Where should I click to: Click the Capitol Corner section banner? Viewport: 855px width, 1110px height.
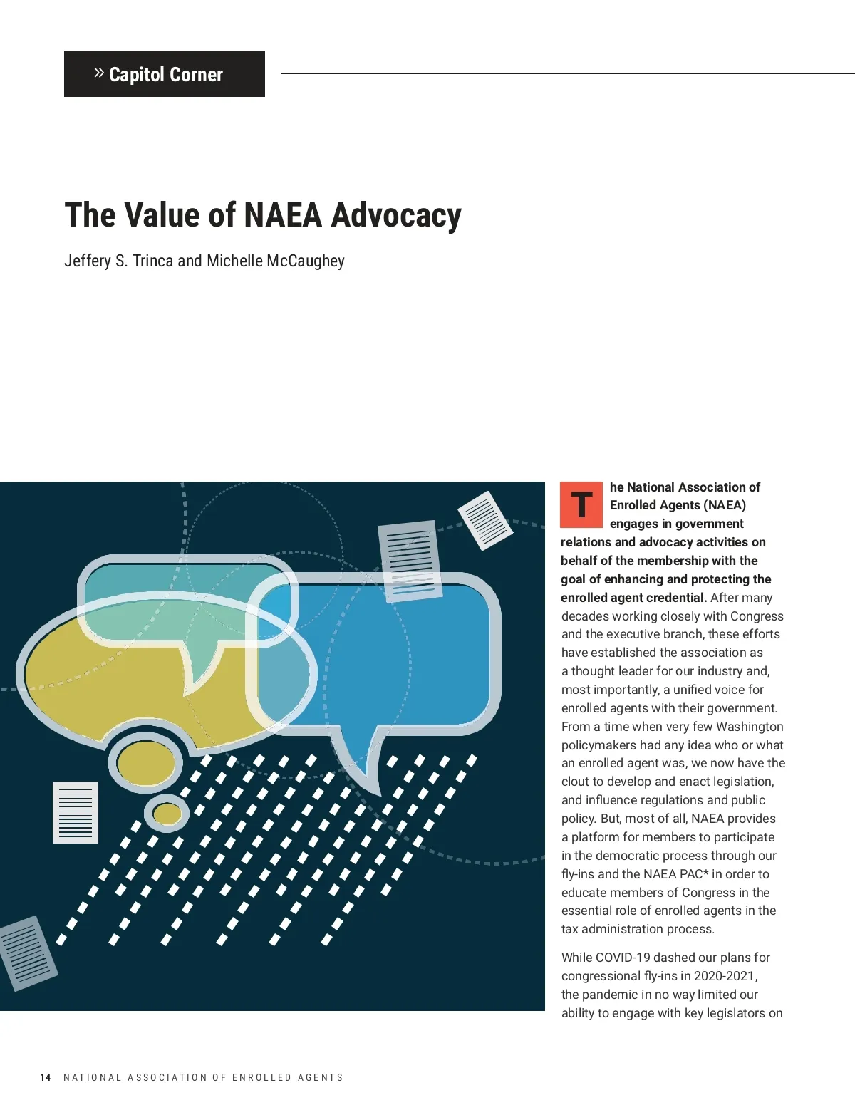point(165,74)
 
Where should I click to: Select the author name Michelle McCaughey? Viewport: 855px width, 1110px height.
point(276,261)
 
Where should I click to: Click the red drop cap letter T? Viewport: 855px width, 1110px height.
point(581,504)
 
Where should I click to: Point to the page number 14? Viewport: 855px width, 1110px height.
point(46,1077)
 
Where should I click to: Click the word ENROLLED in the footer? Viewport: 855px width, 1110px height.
point(262,1077)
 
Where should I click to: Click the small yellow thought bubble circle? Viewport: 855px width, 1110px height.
point(167,814)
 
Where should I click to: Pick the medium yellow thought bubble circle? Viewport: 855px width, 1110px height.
point(145,763)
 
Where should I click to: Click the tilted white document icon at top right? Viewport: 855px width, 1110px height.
point(485,521)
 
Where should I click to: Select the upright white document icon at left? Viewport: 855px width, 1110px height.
point(76,812)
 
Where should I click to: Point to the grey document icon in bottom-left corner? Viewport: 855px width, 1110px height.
point(27,953)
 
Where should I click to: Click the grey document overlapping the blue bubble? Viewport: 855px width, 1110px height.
point(409,560)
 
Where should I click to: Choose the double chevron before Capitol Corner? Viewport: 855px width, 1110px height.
point(99,73)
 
